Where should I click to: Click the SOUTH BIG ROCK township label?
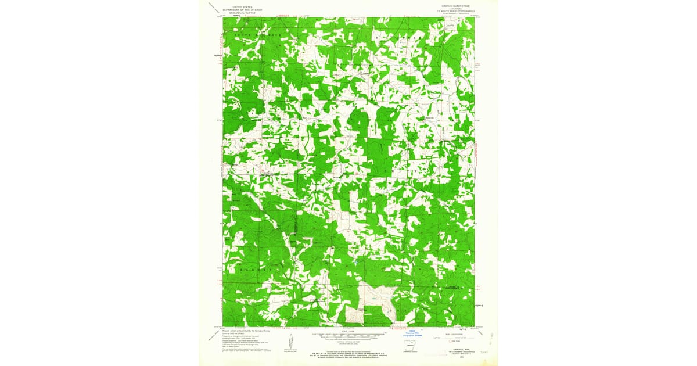coord(257,36)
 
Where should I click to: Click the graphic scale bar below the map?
coord(348,335)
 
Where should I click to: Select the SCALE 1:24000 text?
coord(348,331)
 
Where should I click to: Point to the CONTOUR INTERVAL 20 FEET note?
coord(348,341)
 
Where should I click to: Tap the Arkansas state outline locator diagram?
coord(413,350)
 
